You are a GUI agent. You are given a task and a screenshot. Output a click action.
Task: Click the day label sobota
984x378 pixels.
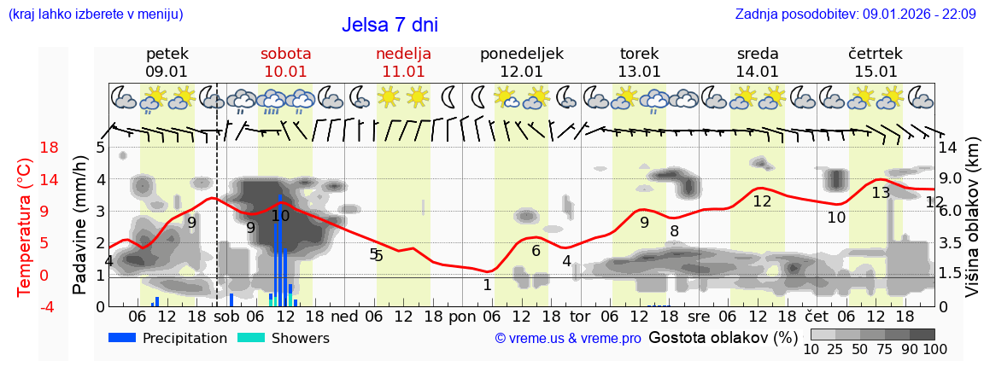tap(285, 54)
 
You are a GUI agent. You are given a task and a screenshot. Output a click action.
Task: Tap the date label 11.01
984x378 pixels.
tap(403, 72)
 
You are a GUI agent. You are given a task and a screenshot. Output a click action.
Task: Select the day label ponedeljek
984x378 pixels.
tap(521, 54)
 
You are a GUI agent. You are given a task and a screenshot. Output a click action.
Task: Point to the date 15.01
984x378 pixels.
tap(876, 72)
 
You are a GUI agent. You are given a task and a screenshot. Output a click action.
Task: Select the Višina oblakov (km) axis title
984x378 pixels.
tap(972, 227)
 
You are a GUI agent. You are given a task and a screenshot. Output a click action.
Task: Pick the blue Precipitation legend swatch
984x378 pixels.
tap(122, 338)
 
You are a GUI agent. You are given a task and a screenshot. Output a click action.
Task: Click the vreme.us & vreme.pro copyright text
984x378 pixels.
tap(568, 339)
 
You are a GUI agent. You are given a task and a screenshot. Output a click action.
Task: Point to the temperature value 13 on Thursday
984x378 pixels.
tap(881, 193)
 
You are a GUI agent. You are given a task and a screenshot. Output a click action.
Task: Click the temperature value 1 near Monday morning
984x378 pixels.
tap(487, 285)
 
